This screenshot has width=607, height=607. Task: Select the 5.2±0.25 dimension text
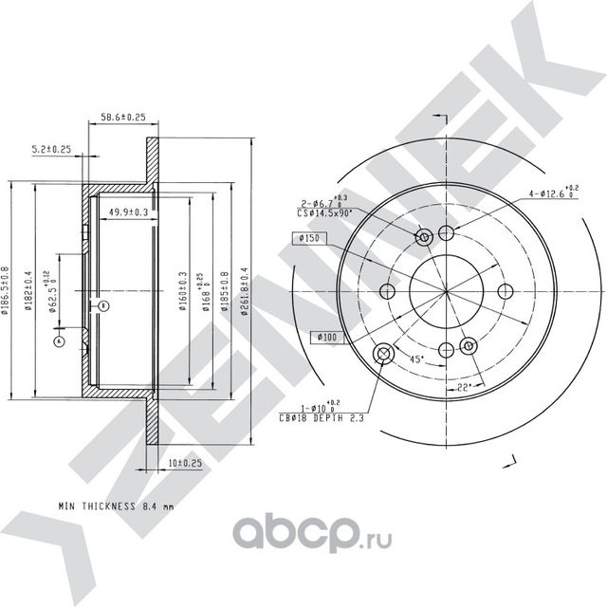[51, 149]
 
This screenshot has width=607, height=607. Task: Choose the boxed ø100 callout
[327, 336]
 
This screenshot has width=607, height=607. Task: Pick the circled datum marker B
[104, 304]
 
